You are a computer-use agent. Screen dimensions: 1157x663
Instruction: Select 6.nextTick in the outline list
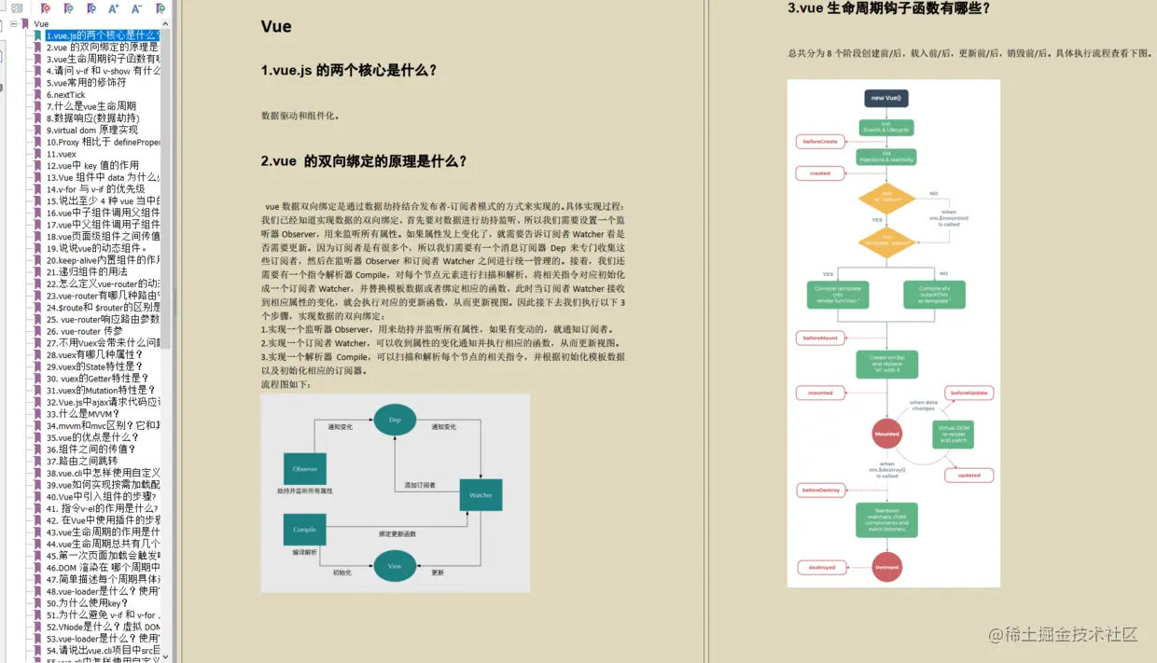(66, 94)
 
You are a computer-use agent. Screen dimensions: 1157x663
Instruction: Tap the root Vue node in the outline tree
(41, 23)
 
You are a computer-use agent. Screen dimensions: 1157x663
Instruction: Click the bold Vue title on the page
(276, 26)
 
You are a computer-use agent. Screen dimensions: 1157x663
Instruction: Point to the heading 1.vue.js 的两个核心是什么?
(349, 70)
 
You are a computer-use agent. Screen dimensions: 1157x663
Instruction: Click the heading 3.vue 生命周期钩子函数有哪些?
(888, 8)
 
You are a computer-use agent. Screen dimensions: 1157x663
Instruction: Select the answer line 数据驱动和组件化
(300, 116)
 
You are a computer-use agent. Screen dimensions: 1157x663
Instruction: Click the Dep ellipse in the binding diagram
(395, 421)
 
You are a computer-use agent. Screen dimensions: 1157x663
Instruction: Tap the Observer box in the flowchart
(304, 468)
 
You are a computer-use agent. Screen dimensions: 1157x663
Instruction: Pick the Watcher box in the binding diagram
(481, 495)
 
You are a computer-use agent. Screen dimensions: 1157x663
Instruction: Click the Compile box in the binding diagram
(304, 530)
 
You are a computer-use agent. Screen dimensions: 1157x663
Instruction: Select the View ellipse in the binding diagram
(395, 566)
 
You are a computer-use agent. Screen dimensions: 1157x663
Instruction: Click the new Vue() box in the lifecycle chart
(885, 97)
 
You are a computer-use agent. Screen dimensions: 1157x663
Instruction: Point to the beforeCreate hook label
(819, 142)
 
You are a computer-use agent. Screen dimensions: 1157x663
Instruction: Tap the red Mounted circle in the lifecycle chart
(886, 434)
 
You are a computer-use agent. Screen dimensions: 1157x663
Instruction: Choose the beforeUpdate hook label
(969, 394)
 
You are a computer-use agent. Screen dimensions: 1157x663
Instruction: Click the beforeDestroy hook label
(821, 490)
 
